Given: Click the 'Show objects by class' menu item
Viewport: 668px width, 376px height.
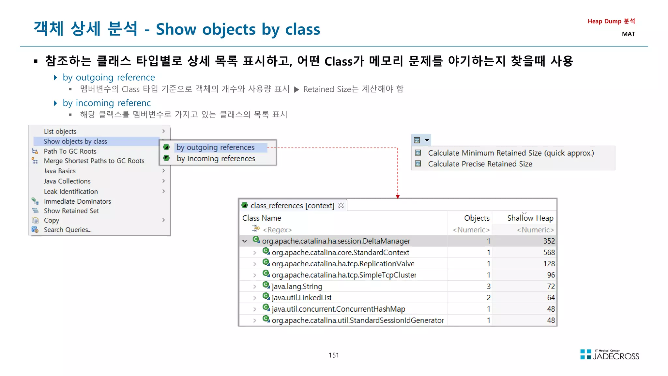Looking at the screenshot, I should [75, 141].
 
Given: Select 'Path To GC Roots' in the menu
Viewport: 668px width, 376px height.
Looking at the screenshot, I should [70, 151].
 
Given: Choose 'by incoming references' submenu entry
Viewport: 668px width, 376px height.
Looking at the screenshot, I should [216, 159].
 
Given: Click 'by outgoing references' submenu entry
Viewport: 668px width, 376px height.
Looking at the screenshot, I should [215, 148].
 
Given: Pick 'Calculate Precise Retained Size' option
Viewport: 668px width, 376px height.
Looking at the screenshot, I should [480, 164].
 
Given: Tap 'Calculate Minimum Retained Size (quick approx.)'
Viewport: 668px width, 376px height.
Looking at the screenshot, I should [511, 153].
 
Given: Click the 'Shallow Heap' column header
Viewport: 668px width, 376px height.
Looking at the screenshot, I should [530, 218].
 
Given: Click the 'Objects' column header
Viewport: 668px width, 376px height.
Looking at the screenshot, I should [477, 218].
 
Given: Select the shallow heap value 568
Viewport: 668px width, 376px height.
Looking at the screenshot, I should [549, 252].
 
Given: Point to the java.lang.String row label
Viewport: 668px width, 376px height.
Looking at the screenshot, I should [297, 287].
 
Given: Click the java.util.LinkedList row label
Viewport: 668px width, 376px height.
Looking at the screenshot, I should [301, 298].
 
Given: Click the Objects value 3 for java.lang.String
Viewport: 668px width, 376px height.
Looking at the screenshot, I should [488, 287].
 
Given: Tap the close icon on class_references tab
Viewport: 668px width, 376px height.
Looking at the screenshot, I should [341, 205].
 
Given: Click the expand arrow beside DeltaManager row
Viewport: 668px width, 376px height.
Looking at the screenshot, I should [245, 241].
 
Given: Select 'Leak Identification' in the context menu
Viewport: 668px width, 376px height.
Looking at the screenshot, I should [71, 192].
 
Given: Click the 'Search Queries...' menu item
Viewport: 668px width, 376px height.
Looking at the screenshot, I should [68, 230].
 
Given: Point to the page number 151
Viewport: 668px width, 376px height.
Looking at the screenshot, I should [334, 355].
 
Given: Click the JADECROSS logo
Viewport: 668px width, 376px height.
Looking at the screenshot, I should [610, 355].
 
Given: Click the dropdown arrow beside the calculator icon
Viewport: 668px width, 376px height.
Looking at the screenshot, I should [427, 140].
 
